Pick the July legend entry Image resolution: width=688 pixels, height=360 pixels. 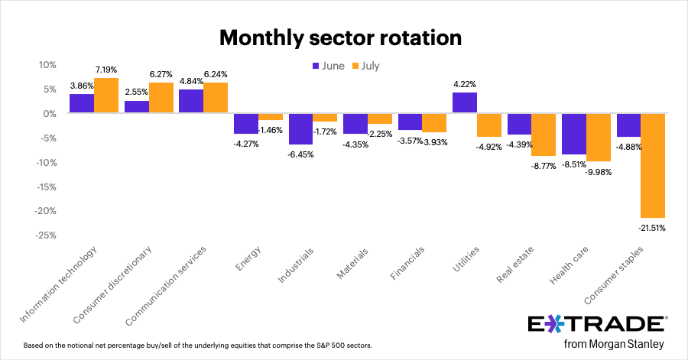pyautogui.click(x=365, y=66)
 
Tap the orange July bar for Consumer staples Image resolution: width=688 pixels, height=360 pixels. pyautogui.click(x=652, y=165)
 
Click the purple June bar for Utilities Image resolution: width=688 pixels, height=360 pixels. pyautogui.click(x=464, y=103)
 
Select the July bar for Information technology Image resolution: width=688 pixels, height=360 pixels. pyautogui.click(x=106, y=96)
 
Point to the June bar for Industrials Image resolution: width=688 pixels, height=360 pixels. pyautogui.click(x=300, y=128)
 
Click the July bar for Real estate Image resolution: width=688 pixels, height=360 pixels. pyautogui.click(x=544, y=135)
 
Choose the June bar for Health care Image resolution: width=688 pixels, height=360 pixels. pyautogui.click(x=573, y=134)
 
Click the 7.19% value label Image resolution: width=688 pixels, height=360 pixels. pyautogui.click(x=106, y=69)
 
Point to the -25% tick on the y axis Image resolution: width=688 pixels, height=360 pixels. pyautogui.click(x=47, y=235)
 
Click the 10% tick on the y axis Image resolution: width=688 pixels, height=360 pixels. pyautogui.click(x=49, y=65)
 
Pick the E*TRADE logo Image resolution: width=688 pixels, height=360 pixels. pyautogui.click(x=597, y=323)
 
